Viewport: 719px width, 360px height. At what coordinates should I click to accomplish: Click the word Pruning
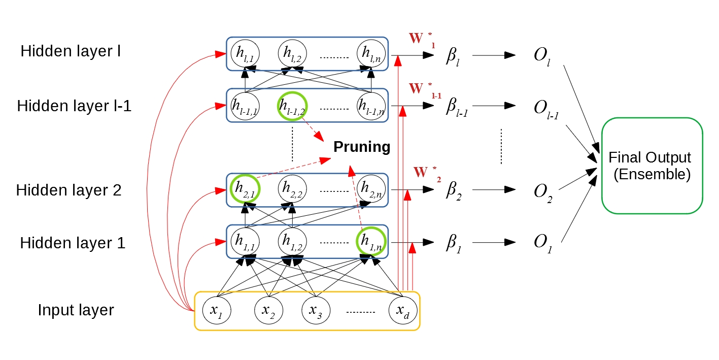(362, 147)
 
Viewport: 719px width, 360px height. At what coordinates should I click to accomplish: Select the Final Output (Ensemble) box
(652, 166)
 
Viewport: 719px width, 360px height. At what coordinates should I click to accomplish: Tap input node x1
(217, 310)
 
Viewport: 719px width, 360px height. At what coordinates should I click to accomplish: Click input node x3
(316, 310)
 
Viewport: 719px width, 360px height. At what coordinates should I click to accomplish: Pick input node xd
(403, 310)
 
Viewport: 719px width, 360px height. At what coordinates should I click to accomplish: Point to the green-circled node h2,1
(245, 189)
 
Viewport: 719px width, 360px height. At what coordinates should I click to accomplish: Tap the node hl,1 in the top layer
(245, 52)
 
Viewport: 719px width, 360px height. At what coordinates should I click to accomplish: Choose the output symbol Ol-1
(542, 108)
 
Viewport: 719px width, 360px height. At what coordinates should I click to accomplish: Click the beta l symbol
(452, 54)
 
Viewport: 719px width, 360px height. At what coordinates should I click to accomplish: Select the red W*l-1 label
(425, 90)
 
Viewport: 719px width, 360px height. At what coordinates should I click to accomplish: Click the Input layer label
(76, 310)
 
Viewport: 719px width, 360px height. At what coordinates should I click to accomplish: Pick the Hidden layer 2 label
(69, 190)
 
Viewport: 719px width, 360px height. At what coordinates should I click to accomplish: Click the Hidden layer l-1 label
(74, 107)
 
